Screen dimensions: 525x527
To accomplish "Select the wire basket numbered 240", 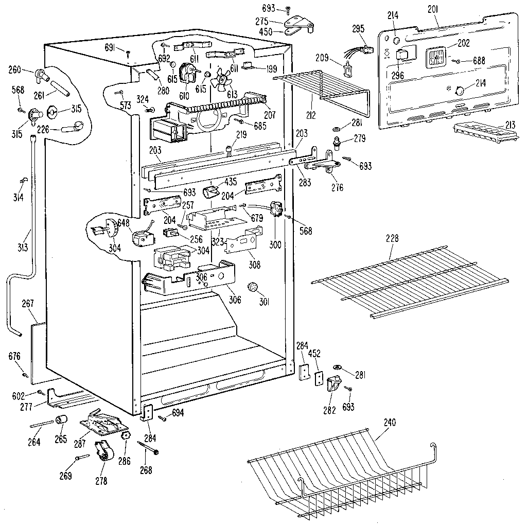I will point(335,471).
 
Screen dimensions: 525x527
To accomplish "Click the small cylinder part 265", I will point(62,422).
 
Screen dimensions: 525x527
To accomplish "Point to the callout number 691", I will point(110,48).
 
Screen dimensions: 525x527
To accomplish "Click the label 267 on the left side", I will point(28,304).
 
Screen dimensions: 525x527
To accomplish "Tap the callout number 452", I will point(314,354).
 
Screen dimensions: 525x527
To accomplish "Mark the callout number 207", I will point(269,115).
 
